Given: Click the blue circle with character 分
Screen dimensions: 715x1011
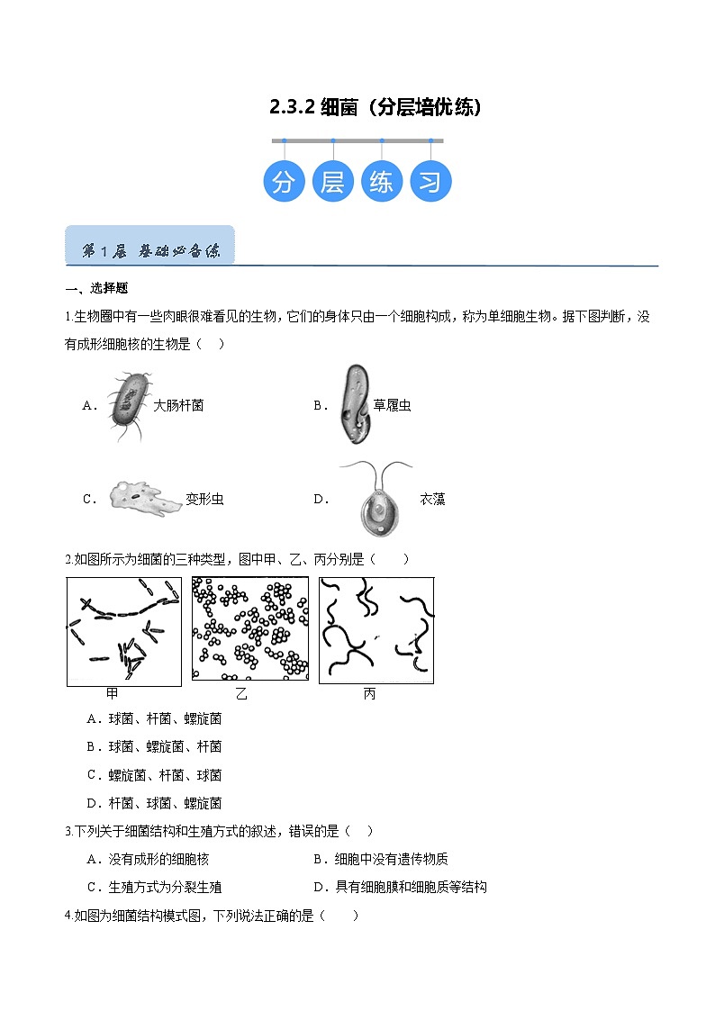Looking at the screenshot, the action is tap(284, 181).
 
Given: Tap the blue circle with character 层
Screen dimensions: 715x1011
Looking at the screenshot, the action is tap(332, 181).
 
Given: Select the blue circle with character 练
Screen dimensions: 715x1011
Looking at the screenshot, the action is tap(382, 181).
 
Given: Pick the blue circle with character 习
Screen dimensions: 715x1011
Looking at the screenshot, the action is tap(430, 181).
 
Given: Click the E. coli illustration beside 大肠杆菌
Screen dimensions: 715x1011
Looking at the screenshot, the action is tap(129, 405).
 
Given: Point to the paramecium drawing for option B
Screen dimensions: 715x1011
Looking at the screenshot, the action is tap(355, 404).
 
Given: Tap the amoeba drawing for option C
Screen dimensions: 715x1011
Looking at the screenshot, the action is tap(144, 499).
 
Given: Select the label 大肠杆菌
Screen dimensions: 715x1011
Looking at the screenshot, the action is tap(178, 405).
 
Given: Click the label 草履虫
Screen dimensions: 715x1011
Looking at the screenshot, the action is tap(392, 405).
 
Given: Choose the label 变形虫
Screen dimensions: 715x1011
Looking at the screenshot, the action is tap(205, 499).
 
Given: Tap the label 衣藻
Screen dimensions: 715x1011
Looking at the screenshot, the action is tap(432, 499).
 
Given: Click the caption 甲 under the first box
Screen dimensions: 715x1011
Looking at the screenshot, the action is tap(113, 694).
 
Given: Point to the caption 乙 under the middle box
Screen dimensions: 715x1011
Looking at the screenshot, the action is tap(241, 694).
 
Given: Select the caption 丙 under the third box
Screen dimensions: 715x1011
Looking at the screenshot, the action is tap(369, 694).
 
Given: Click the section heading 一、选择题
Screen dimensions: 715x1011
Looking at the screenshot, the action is tap(96, 288).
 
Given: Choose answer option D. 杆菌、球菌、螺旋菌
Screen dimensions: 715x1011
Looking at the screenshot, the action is tap(154, 803).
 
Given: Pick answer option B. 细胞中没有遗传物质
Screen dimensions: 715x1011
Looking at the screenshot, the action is tap(380, 860).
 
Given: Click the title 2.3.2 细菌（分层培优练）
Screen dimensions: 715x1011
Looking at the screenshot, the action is tap(376, 107).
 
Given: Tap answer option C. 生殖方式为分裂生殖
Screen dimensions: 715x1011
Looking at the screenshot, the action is tap(154, 888).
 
